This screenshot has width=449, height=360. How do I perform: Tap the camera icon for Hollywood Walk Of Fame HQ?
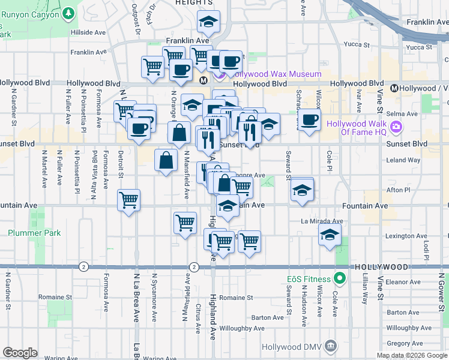tap(396, 127)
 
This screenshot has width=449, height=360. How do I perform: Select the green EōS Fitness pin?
tap(340, 278)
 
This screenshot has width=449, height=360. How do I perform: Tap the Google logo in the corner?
tap(20, 353)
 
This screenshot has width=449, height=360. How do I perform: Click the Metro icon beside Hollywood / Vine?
tap(394, 88)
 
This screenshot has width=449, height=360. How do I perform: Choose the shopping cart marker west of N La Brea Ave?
tap(128, 200)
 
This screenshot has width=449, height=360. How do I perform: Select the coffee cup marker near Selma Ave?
tap(310, 120)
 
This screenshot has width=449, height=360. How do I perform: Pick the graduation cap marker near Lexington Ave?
tap(330, 236)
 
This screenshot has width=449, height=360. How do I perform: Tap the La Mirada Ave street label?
tap(322, 221)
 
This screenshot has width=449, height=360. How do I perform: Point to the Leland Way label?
tap(403, 160)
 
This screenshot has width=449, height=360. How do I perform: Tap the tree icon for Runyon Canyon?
tap(68, 12)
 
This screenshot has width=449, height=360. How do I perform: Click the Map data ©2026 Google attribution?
tap(412, 355)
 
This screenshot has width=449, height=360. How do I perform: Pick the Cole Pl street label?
tap(329, 159)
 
